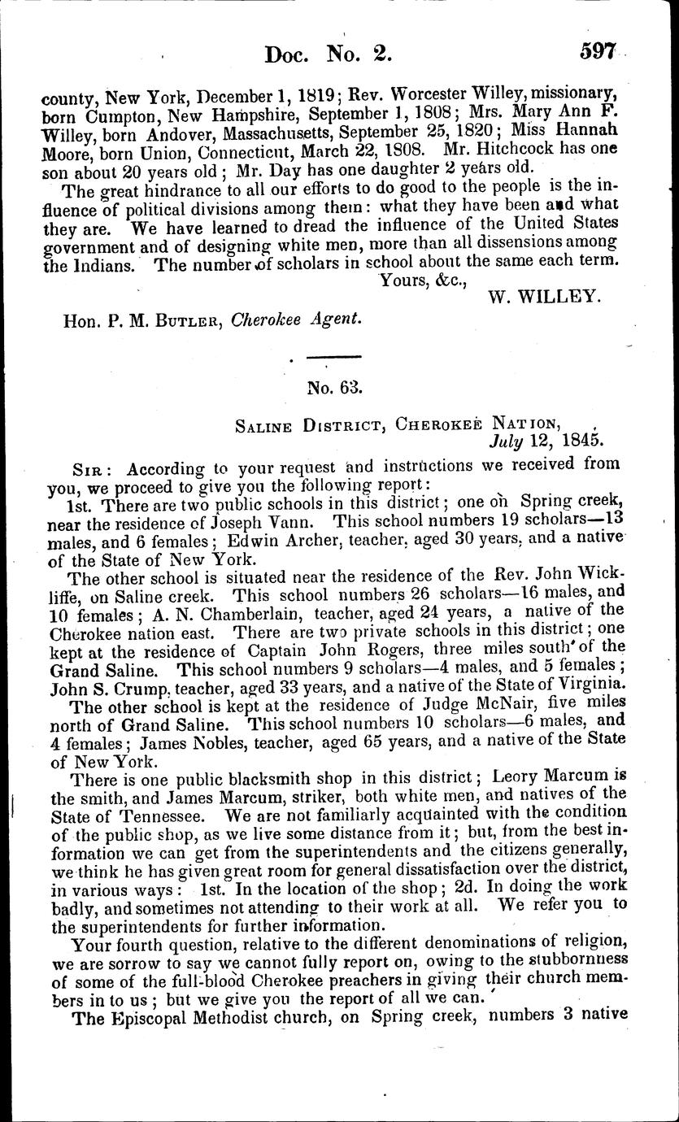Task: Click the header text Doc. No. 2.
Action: (329, 54)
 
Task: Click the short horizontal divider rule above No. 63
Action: (333, 356)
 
